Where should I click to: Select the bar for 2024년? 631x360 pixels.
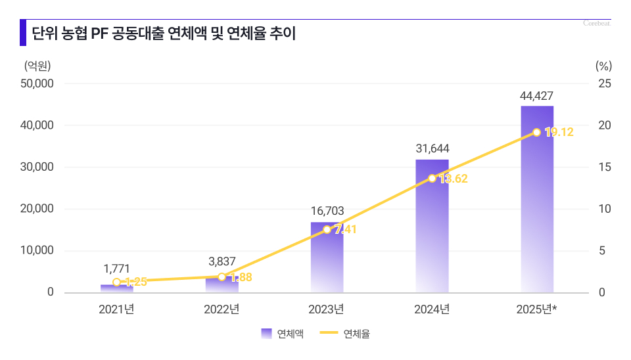(432, 226)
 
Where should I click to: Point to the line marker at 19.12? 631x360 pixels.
(537, 133)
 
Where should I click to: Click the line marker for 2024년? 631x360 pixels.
(432, 178)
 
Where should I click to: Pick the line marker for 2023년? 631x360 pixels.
(327, 229)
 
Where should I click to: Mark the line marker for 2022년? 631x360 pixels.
(222, 277)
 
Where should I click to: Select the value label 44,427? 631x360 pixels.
(536, 96)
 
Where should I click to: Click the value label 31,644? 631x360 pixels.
(432, 149)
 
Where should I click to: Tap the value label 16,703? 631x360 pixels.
(327, 212)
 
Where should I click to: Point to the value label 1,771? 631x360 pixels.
(116, 268)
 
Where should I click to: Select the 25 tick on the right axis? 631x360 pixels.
(604, 83)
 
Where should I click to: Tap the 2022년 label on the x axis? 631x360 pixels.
(222, 309)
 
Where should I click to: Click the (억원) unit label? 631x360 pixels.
(37, 65)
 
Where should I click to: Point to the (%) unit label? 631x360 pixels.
(603, 65)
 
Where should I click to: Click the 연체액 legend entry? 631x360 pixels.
(283, 334)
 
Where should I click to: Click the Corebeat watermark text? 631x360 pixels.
(597, 23)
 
